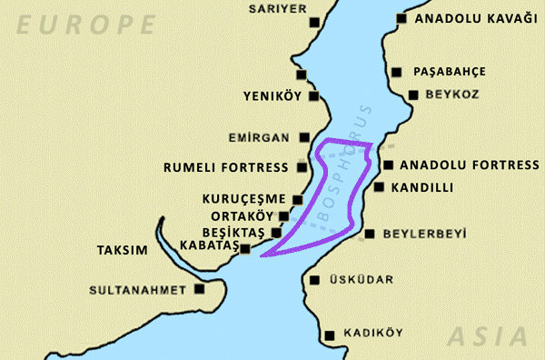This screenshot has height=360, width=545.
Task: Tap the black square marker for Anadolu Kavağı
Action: tap(398, 18)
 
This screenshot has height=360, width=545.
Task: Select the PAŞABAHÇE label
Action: tap(450, 71)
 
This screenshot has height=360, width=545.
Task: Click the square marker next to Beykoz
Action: tap(413, 94)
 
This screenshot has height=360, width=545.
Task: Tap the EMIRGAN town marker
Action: tap(304, 138)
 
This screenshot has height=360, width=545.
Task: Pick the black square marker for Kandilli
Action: tap(380, 186)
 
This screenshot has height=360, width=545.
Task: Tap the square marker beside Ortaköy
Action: tap(284, 215)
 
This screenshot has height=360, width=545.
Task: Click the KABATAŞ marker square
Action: tap(244, 247)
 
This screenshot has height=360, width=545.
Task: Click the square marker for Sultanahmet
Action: tap(200, 290)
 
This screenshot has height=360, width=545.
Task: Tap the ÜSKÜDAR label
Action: tap(362, 280)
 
